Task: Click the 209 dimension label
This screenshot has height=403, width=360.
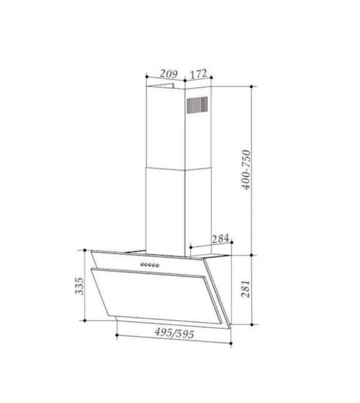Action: (168, 74)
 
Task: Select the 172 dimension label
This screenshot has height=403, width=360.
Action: (198, 74)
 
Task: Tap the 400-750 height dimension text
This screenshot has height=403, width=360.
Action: (246, 170)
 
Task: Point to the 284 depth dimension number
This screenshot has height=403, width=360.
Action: (220, 239)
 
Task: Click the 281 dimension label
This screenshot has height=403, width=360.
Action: (246, 289)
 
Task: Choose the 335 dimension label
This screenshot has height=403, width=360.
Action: (79, 286)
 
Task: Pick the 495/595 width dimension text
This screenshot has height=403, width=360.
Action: (174, 333)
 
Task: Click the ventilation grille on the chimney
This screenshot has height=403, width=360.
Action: (197, 105)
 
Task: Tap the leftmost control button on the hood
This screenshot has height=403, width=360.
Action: (142, 264)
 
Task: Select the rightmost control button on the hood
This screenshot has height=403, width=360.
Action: (158, 265)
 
